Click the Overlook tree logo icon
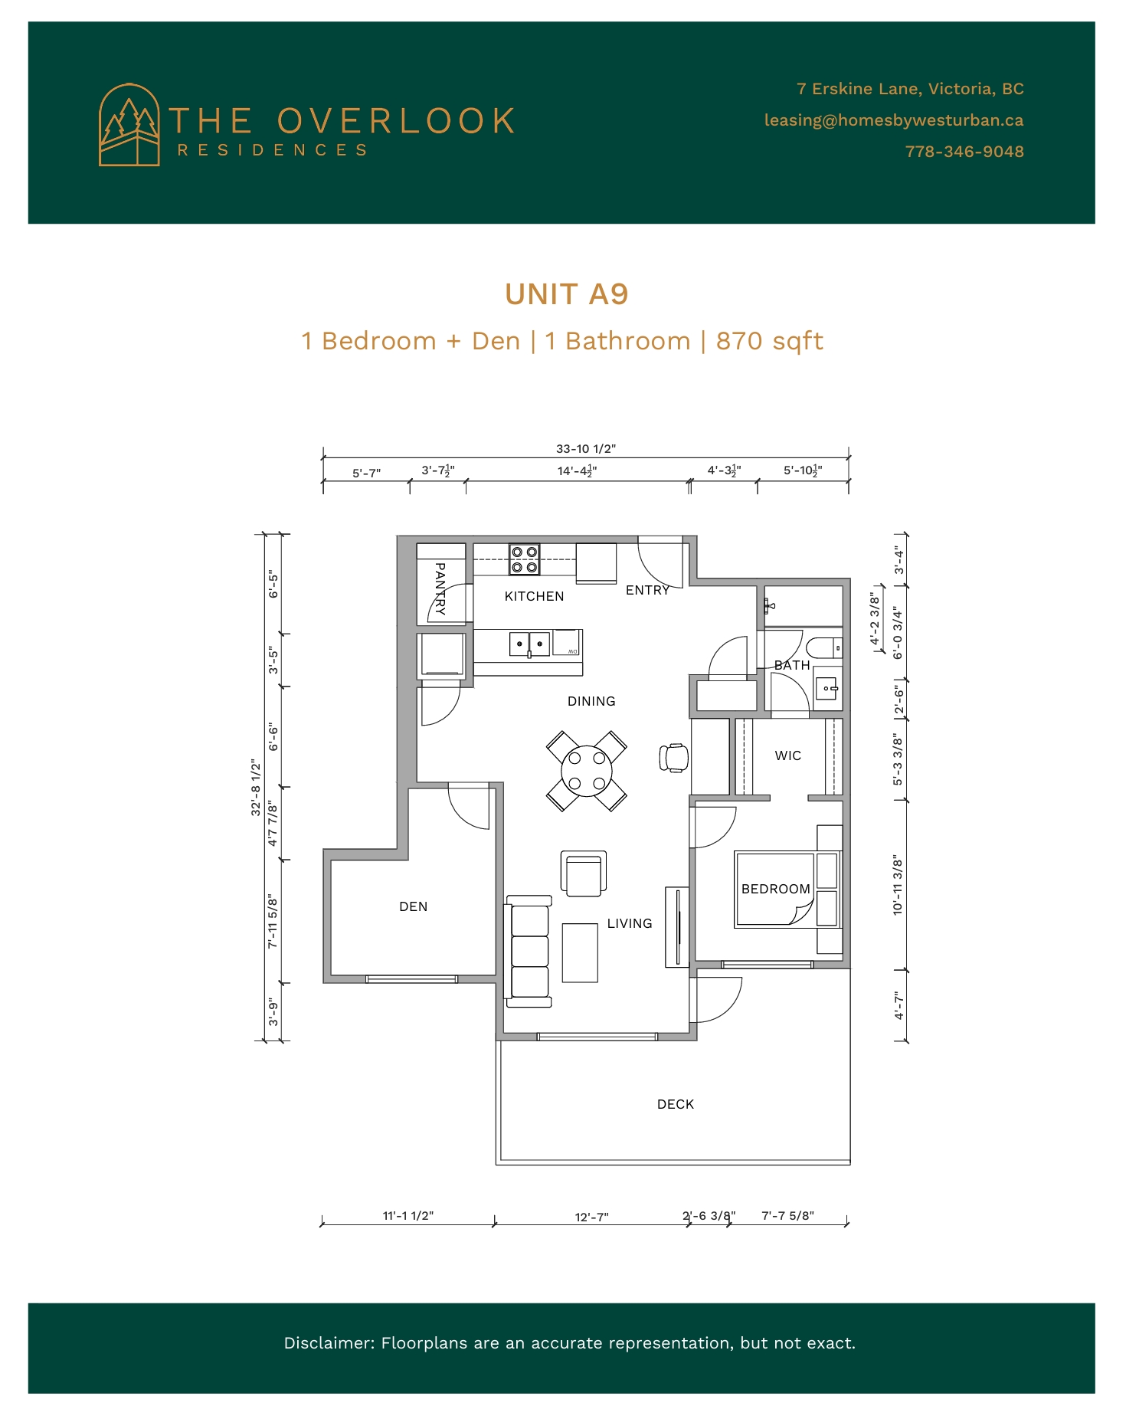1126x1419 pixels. point(129,125)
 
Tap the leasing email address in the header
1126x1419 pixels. point(894,120)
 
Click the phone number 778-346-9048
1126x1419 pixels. point(964,152)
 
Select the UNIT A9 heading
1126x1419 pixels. point(566,294)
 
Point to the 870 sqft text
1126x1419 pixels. point(769,341)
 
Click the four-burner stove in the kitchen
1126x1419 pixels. point(525,559)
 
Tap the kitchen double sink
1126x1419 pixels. point(529,644)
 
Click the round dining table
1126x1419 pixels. point(587,771)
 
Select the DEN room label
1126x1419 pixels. point(414,906)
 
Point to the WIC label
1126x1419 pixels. point(788,755)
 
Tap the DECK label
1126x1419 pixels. point(676,1104)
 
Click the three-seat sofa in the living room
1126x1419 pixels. point(528,951)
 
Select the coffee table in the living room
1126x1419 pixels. point(580,952)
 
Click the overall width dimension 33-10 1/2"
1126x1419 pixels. point(586,449)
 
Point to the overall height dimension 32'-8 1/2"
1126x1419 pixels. point(257,787)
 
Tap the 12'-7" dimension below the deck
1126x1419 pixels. point(592,1217)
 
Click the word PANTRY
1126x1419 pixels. point(440,589)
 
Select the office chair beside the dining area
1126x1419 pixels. point(674,758)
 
